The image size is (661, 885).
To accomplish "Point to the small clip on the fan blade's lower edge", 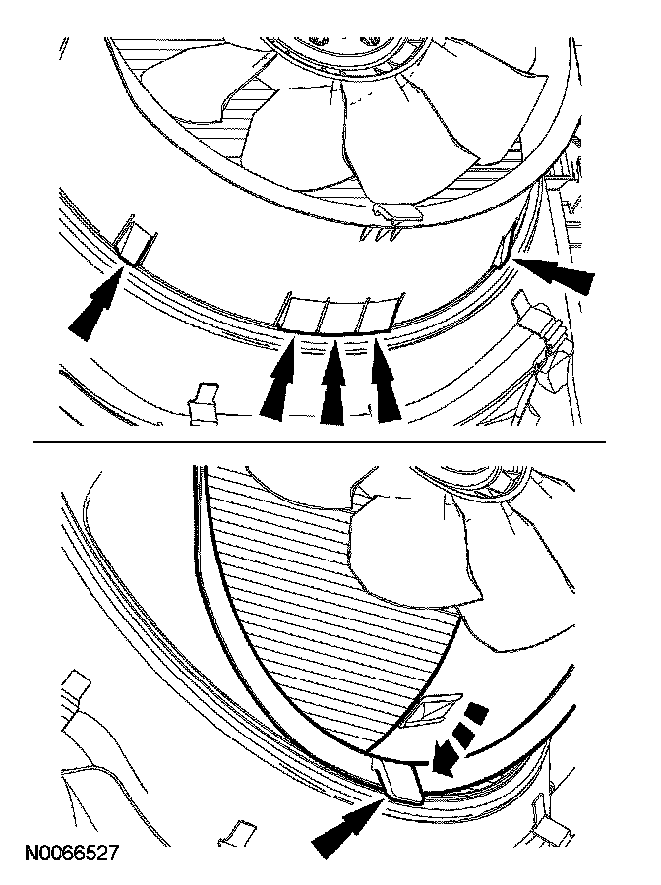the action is tap(395, 208).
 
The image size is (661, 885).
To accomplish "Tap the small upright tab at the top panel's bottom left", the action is tap(204, 402).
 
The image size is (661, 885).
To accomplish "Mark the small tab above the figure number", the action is tap(231, 833).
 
